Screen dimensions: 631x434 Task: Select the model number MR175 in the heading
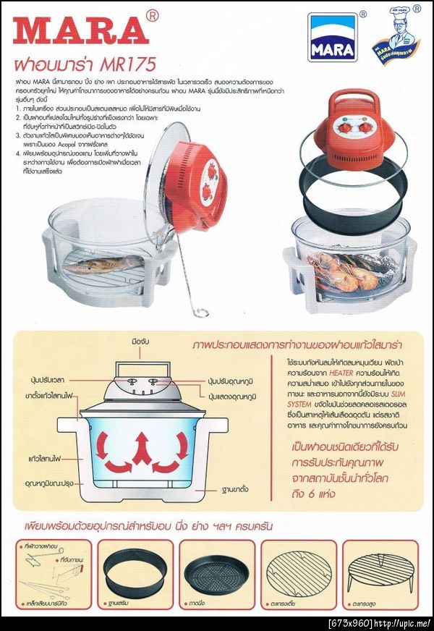[x=129, y=64]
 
